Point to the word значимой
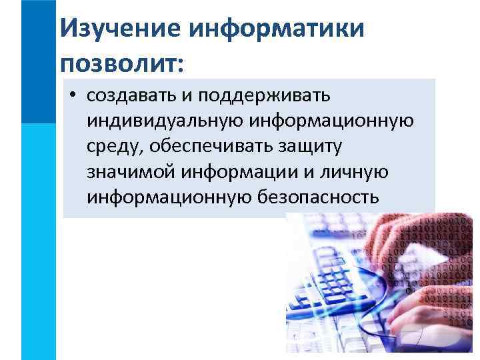(x=129, y=173)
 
